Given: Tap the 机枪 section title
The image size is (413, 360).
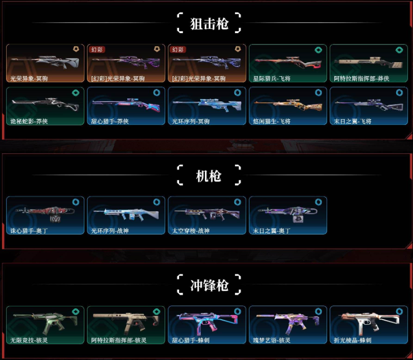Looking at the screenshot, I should click(x=209, y=176).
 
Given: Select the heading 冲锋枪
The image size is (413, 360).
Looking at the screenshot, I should click(x=209, y=285).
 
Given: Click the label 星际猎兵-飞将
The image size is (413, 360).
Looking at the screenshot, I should click(x=272, y=79).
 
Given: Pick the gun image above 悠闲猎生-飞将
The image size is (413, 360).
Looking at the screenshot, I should click(x=287, y=105).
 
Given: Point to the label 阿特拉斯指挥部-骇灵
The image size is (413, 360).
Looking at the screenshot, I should click(x=119, y=340).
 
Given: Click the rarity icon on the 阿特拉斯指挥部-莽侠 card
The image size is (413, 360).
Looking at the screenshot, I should click(x=399, y=50).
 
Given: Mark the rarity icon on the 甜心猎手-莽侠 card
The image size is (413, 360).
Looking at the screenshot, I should click(x=157, y=93).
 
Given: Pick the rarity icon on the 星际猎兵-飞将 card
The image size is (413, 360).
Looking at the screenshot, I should click(x=318, y=50).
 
